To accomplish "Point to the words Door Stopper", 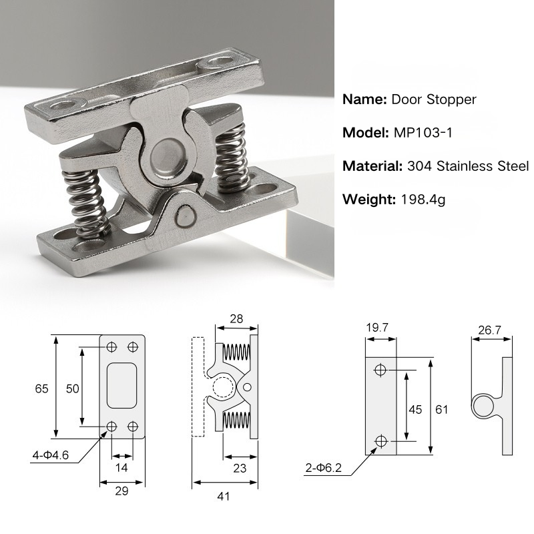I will coord(434,99).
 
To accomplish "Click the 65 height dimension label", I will coord(42,388).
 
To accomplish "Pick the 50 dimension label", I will coord(71,388).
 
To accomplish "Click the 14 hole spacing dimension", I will coord(121,468).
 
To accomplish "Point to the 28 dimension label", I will coord(236,318).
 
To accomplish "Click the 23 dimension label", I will coord(240,468).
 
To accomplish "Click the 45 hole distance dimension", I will coord(415,409).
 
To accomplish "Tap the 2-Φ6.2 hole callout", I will coord(324,468).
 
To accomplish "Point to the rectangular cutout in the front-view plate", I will coord(121,385).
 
